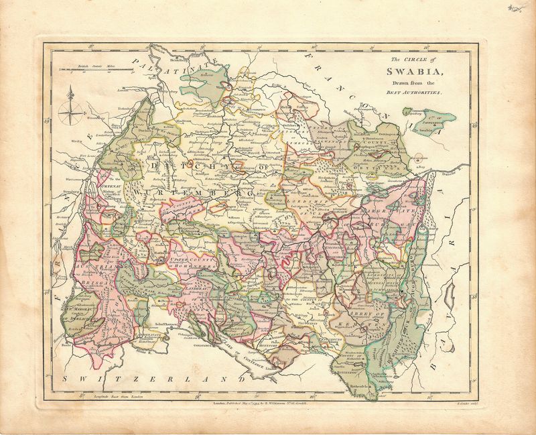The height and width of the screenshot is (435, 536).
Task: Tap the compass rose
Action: tap(69, 111)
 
